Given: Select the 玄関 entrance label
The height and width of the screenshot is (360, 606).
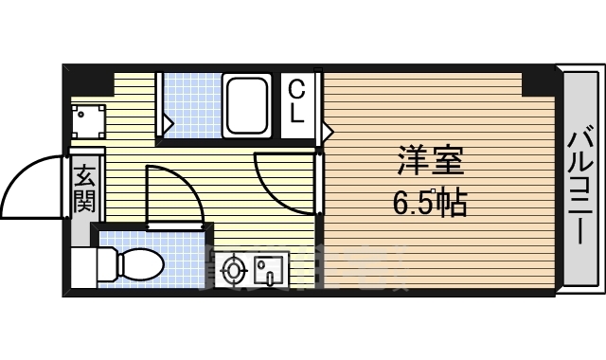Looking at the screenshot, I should tap(84, 187).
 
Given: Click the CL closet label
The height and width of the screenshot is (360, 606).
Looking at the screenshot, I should tap(297, 101).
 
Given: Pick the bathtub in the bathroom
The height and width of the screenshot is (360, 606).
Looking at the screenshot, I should tap(248, 106).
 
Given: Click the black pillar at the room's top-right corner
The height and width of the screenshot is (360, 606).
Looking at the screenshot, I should tap(537, 82).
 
